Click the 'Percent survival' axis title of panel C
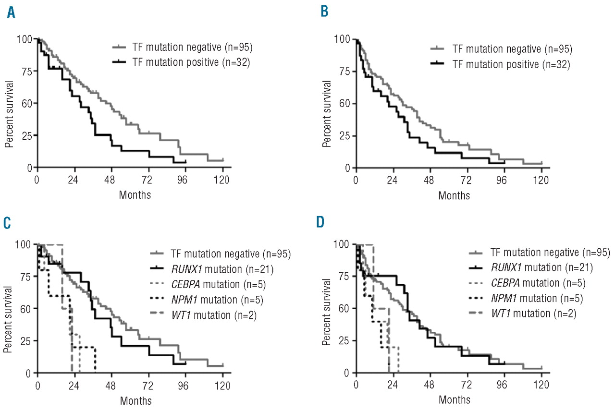(9, 307)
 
